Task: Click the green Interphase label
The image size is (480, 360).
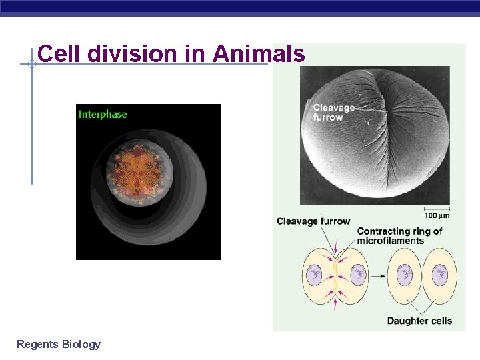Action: [103, 114]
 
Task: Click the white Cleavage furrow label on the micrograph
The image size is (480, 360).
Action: [333, 113]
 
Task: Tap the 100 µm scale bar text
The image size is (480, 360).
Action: [437, 215]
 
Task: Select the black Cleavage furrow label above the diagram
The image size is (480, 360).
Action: [313, 221]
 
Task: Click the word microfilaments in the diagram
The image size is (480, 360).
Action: [390, 241]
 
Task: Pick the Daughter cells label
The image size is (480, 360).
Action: [419, 321]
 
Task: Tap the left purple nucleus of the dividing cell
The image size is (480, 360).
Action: [314, 274]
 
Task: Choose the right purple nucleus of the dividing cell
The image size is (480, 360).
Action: [358, 274]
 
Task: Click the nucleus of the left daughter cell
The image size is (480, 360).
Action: [404, 275]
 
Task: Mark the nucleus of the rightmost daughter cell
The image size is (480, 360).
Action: [439, 275]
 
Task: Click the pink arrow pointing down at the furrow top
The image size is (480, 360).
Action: [336, 252]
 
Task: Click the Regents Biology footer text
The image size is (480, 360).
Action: [59, 344]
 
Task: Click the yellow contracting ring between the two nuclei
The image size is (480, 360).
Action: [336, 274]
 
